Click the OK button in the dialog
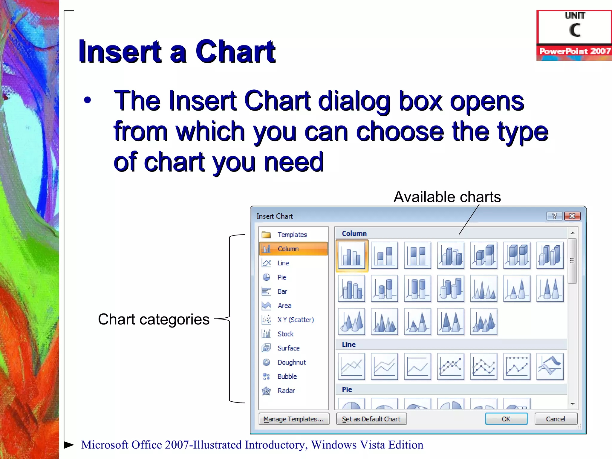[506, 419]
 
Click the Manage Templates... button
[294, 419]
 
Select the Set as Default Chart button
[371, 419]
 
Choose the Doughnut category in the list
[291, 362]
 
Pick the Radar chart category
[286, 391]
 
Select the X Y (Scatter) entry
[295, 320]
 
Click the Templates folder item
[292, 235]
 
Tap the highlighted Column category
[288, 249]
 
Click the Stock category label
[285, 334]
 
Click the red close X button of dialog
[572, 216]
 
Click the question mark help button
[554, 216]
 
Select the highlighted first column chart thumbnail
[352, 256]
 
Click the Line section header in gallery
[349, 345]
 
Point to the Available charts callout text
[447, 197]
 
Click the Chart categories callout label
[154, 319]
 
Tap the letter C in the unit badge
[574, 30]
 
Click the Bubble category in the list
[287, 377]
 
